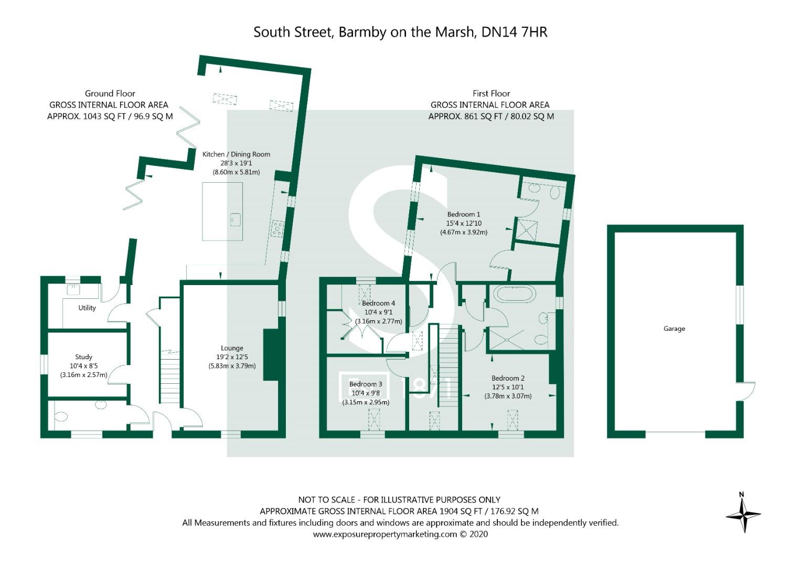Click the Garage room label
click(674, 329)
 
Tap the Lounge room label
click(232, 348)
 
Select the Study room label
click(83, 357)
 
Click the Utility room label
click(87, 308)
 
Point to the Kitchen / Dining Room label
click(236, 154)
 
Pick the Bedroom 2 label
click(508, 378)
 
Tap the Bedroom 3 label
click(366, 384)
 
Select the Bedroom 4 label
click(378, 303)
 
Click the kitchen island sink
click(235, 219)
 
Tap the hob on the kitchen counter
click(276, 227)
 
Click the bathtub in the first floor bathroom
click(515, 294)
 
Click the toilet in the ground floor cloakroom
click(61, 417)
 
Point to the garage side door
click(748, 390)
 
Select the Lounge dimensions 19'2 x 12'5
click(232, 357)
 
